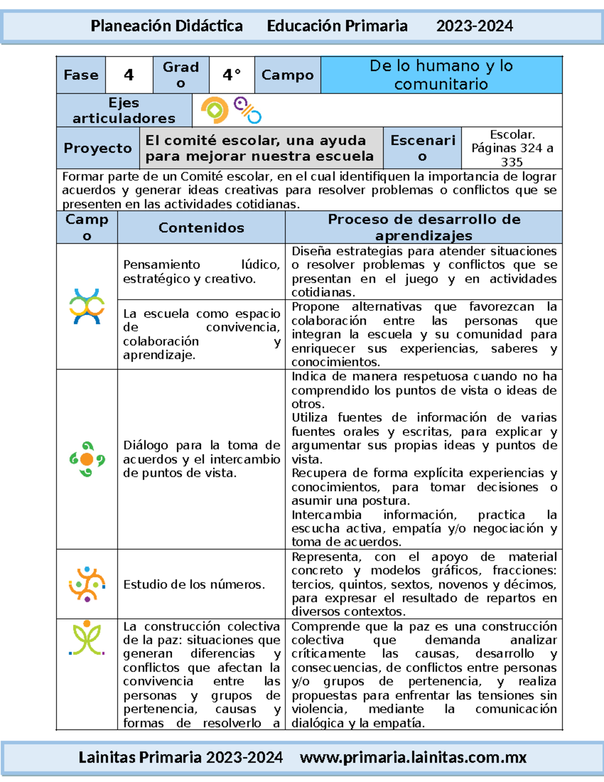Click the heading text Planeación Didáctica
tap(167, 26)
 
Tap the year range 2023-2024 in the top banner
tap(474, 26)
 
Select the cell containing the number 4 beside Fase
tap(129, 75)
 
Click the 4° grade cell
tap(232, 75)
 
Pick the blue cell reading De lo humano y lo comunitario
tap(441, 75)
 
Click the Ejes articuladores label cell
tap(124, 110)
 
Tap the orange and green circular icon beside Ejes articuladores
tap(215, 110)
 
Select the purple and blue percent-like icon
tap(248, 110)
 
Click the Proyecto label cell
tap(98, 148)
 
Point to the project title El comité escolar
tap(260, 148)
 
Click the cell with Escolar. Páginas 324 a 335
tap(511, 148)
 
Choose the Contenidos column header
tap(201, 228)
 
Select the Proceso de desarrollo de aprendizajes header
tap(424, 228)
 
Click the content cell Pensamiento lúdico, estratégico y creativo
tap(201, 271)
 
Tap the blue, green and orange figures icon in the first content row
tap(87, 306)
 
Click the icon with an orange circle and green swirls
tap(87, 459)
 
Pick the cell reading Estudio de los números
tap(194, 584)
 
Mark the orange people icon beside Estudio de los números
tap(87, 584)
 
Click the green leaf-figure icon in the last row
tap(87, 638)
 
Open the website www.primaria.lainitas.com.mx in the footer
tap(413, 757)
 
